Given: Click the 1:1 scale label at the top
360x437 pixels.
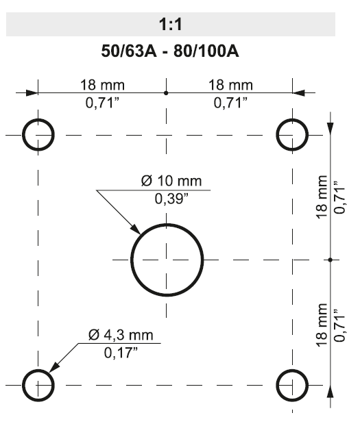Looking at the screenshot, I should coord(170,26).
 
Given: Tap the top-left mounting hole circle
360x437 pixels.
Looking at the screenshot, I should coord(38,135).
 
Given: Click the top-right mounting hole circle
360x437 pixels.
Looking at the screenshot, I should coord(293,135).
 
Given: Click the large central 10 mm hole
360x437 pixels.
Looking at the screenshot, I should coord(167,260).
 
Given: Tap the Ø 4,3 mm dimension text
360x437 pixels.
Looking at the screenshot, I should coord(119,336).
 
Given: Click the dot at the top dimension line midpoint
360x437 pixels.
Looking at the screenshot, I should coord(166,92).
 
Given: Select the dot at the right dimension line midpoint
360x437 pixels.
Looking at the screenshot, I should coord(331,260).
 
